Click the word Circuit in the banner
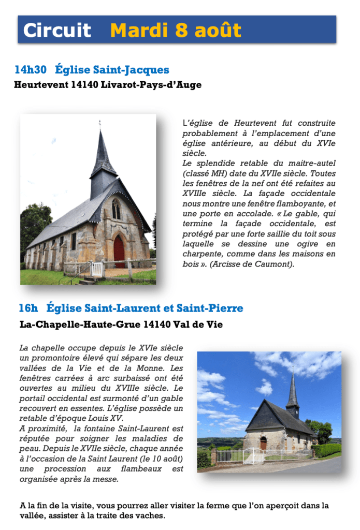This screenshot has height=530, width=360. (x=57, y=30)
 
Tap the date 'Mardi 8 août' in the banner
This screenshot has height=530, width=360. (x=176, y=30)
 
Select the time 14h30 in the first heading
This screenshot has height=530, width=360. (x=31, y=69)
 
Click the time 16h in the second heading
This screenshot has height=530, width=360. (x=28, y=308)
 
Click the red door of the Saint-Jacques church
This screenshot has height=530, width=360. (x=119, y=251)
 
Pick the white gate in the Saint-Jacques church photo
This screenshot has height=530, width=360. (x=97, y=269)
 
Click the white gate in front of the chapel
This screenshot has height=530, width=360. (x=254, y=455)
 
